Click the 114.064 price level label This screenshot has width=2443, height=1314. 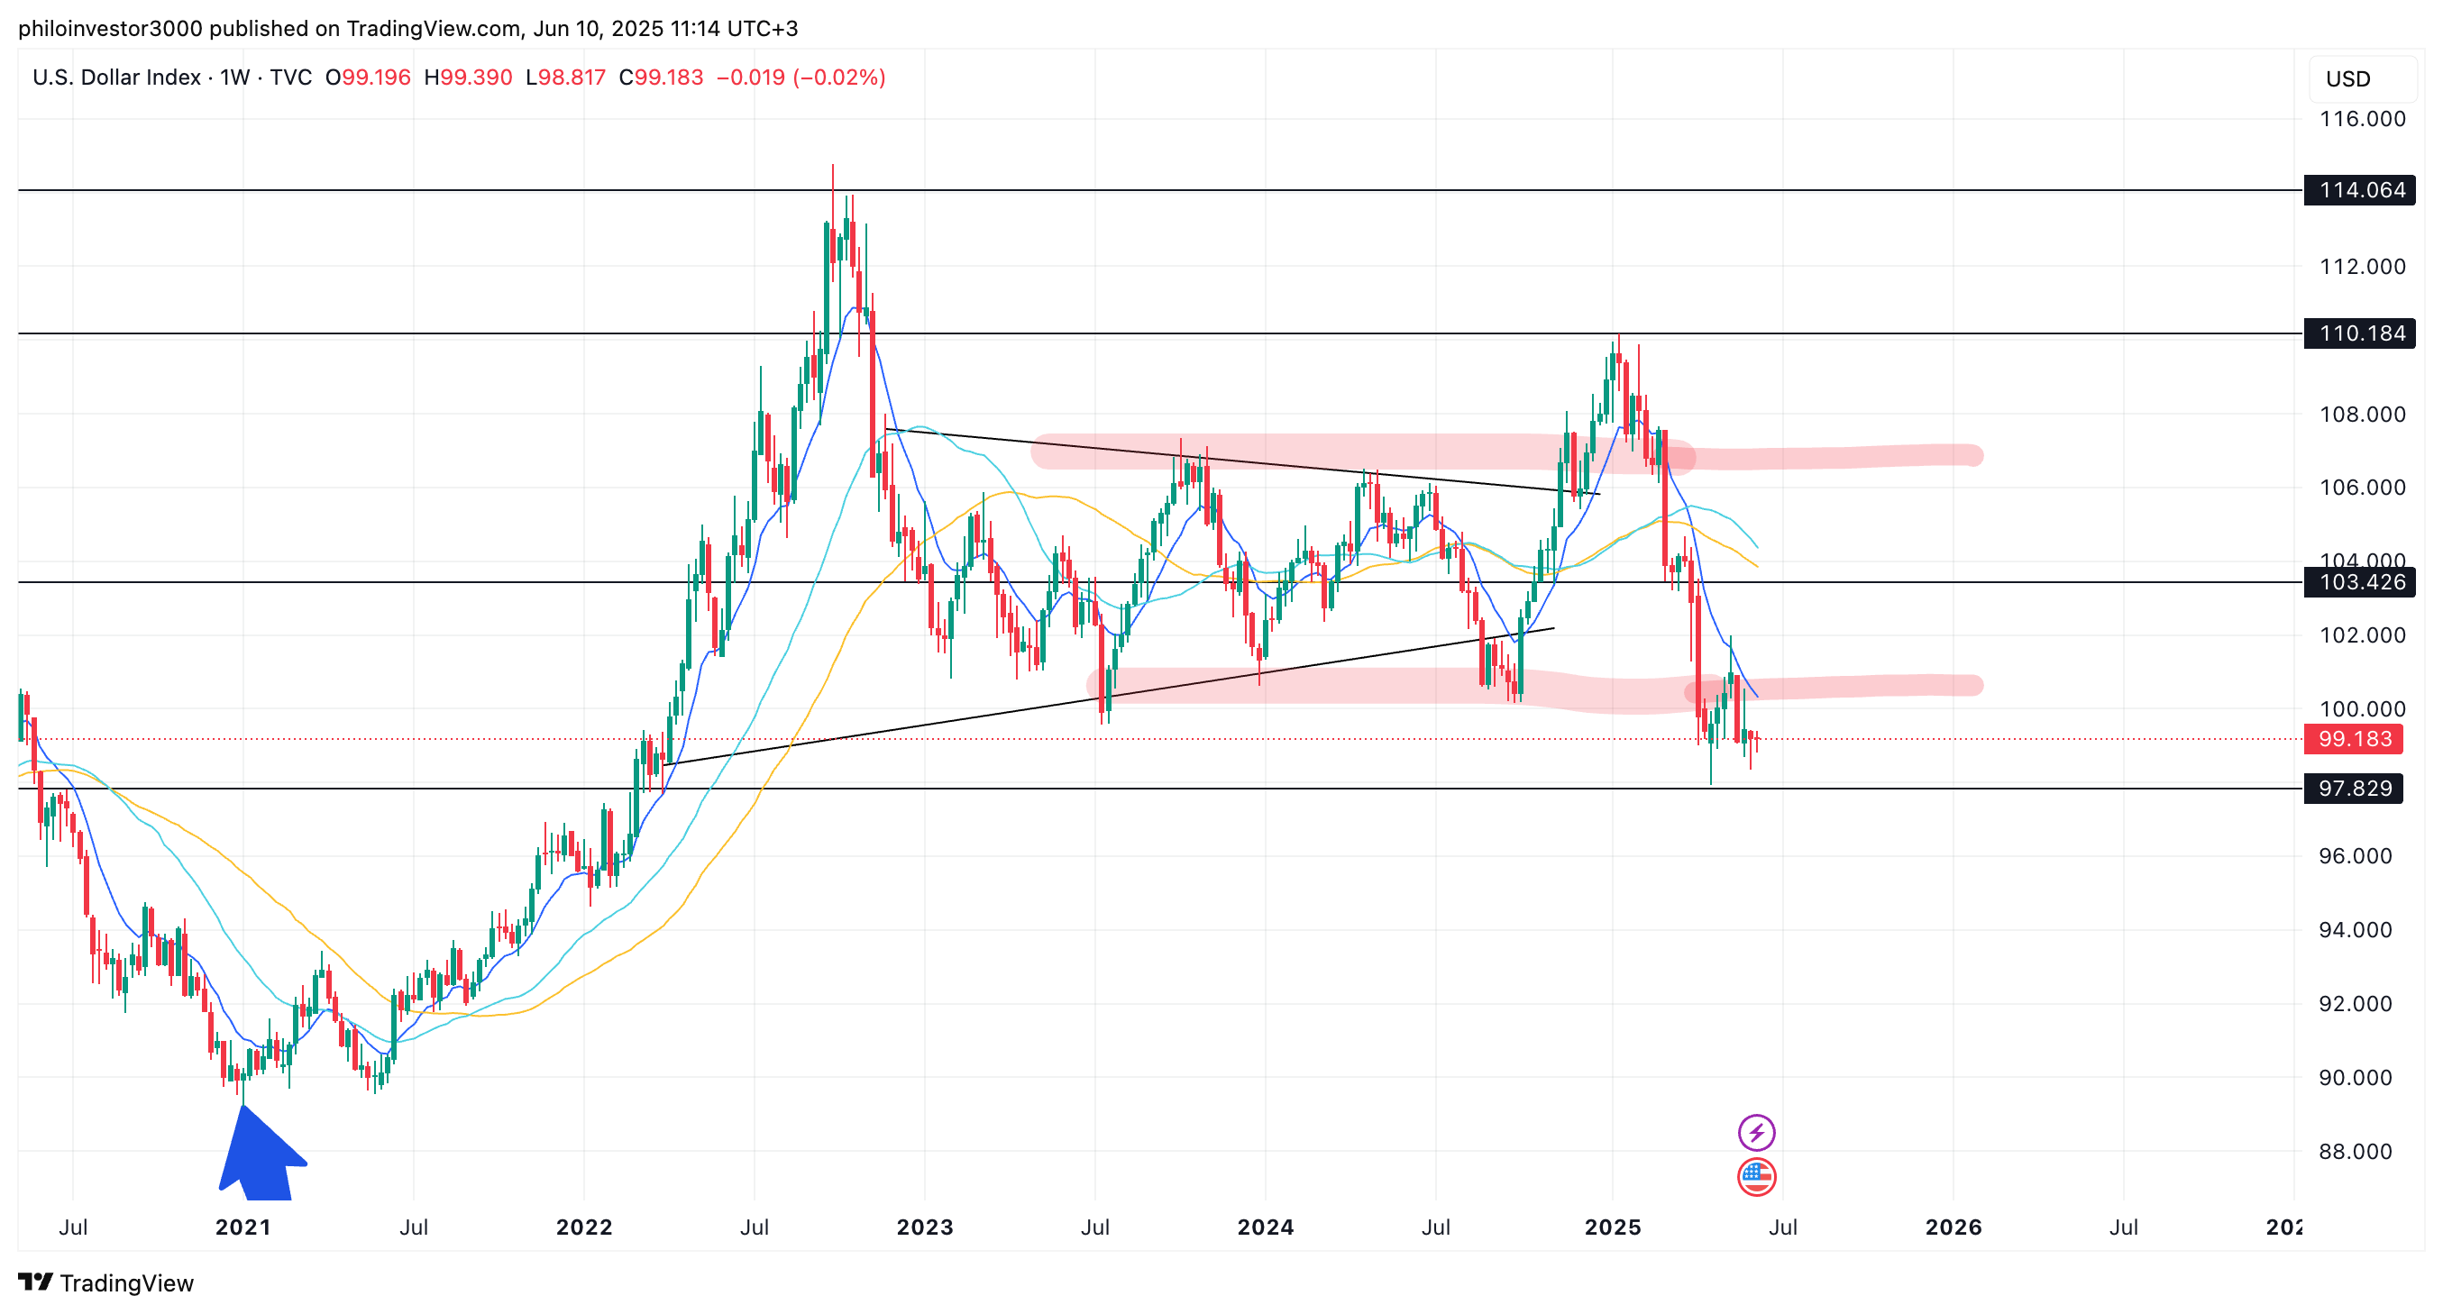[x=2360, y=190]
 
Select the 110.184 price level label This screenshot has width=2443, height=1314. [x=2360, y=333]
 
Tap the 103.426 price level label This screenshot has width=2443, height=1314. [x=2360, y=582]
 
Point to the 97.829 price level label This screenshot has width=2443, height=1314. [x=2354, y=789]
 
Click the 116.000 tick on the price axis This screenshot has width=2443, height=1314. [x=2362, y=120]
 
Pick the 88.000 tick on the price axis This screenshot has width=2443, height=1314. [x=2355, y=1152]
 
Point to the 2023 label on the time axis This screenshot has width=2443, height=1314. [x=925, y=1227]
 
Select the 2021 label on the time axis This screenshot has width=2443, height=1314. [x=242, y=1227]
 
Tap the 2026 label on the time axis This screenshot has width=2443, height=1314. [x=1953, y=1227]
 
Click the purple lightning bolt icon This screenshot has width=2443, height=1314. [x=1756, y=1133]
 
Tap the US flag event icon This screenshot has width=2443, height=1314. [x=1756, y=1178]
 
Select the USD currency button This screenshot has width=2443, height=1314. [x=2348, y=79]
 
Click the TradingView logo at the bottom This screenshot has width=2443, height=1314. [x=106, y=1283]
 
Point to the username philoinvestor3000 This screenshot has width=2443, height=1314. [x=110, y=29]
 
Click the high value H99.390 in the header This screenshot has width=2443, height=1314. [x=469, y=78]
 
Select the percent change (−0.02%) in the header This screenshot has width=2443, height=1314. [x=839, y=78]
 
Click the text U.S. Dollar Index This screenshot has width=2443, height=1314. [x=116, y=78]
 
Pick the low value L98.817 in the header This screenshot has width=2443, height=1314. [x=566, y=78]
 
